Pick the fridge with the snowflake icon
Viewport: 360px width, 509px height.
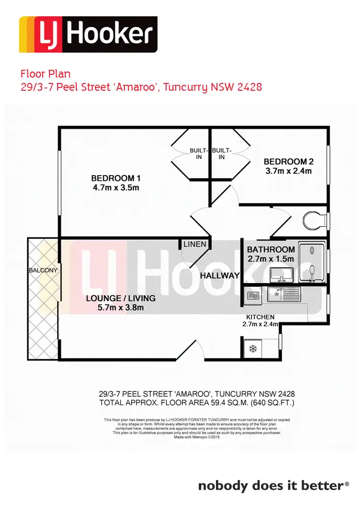pyautogui.click(x=252, y=349)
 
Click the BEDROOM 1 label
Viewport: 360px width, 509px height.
pyautogui.click(x=116, y=178)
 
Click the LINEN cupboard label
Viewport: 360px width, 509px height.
pyautogui.click(x=195, y=244)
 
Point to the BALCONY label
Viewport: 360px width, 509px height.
pyautogui.click(x=43, y=270)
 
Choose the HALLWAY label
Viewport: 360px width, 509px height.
pyautogui.click(x=219, y=275)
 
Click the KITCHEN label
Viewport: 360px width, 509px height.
pyautogui.click(x=260, y=317)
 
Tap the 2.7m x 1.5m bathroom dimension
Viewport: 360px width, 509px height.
pyautogui.click(x=270, y=259)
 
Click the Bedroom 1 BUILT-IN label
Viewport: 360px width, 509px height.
pyautogui.click(x=196, y=154)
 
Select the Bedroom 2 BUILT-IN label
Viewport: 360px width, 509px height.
pyautogui.click(x=222, y=154)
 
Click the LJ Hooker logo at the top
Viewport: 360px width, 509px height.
pyautogui.click(x=88, y=35)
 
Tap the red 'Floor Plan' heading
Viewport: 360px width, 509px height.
pyautogui.click(x=45, y=74)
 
